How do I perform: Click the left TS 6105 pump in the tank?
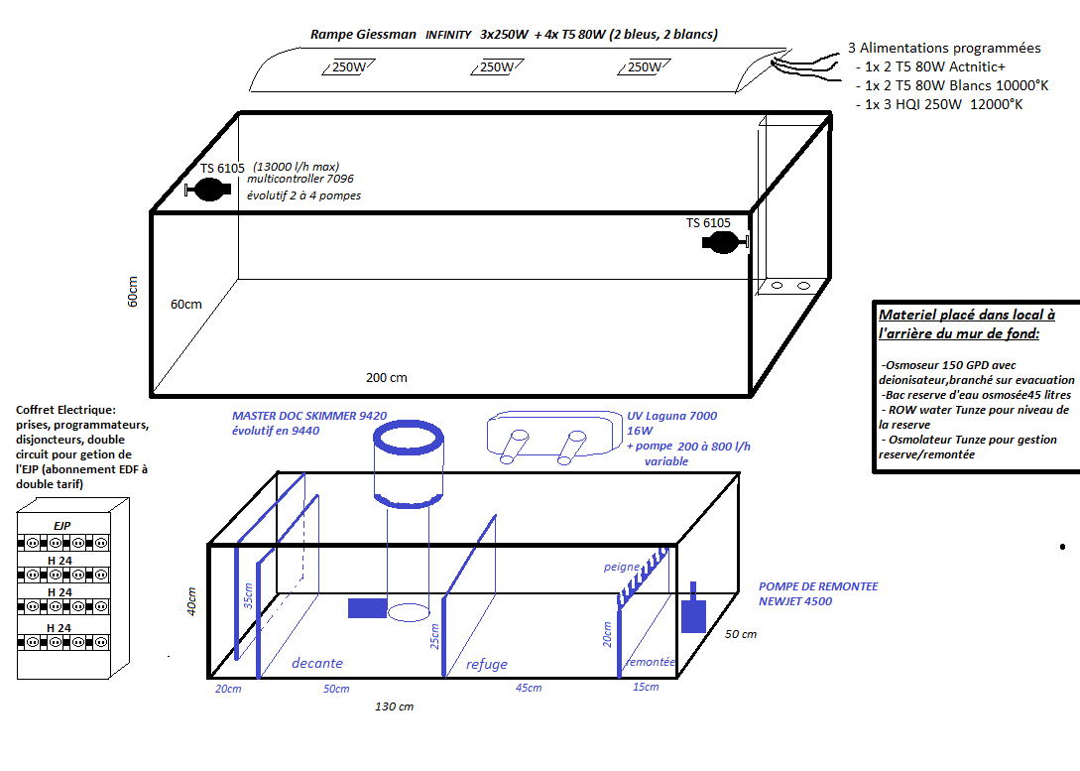pyautogui.click(x=208, y=190)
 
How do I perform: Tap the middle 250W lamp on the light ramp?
pyautogui.click(x=497, y=66)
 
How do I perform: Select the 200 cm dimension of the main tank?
pyautogui.click(x=387, y=378)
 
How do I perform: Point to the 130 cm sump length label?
pyautogui.click(x=394, y=707)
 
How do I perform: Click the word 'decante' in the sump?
pyautogui.click(x=316, y=663)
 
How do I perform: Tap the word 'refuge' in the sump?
pyautogui.click(x=486, y=664)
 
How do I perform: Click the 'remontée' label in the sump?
pyautogui.click(x=651, y=662)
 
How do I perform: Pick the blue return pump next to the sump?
pyautogui.click(x=693, y=610)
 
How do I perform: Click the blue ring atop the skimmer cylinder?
pyautogui.click(x=408, y=423)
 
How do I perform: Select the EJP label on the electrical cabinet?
pyautogui.click(x=62, y=526)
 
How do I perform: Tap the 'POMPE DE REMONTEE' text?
pyautogui.click(x=818, y=586)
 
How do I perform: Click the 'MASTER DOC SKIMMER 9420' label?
pyautogui.click(x=309, y=416)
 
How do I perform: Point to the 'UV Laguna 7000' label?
pyautogui.click(x=671, y=416)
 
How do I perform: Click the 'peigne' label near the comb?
pyautogui.click(x=622, y=567)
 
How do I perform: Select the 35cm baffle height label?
pyautogui.click(x=249, y=595)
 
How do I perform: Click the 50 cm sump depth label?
pyautogui.click(x=741, y=634)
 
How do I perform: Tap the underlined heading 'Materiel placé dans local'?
pyautogui.click(x=967, y=315)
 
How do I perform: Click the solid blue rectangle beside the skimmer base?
pyautogui.click(x=367, y=608)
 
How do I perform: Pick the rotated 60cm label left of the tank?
pyautogui.click(x=132, y=292)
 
